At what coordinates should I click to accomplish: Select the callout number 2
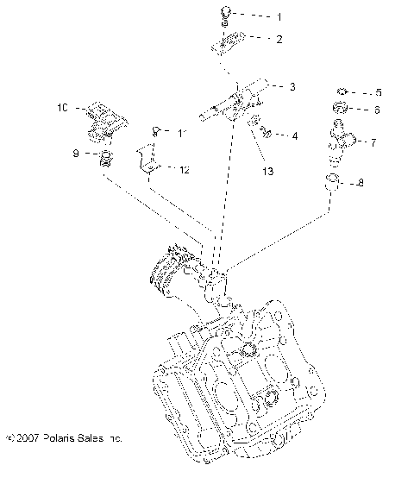click(278, 40)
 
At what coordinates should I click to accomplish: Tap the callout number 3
click(292, 87)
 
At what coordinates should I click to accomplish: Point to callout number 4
click(295, 135)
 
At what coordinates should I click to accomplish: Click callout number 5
click(376, 92)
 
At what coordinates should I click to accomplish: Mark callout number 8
click(361, 182)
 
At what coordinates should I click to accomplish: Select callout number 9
click(74, 154)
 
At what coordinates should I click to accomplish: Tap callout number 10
click(61, 108)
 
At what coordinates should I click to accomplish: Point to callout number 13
click(267, 172)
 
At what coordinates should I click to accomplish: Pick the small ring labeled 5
click(342, 91)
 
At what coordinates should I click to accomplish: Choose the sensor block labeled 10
click(103, 120)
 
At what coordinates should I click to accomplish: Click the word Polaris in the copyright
click(59, 439)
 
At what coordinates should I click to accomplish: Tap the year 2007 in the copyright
click(28, 439)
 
